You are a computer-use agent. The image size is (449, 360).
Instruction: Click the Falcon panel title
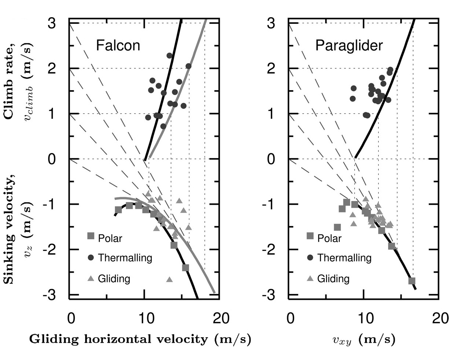point(118,46)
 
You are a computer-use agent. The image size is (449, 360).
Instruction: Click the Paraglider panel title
point(344,46)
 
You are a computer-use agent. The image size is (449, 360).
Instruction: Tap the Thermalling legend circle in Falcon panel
point(91,258)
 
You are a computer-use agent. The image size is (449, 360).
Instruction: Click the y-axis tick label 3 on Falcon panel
point(57,23)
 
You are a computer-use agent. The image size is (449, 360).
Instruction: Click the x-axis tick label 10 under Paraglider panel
point(364,318)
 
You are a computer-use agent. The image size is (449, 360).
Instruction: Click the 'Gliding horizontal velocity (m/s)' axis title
point(140,339)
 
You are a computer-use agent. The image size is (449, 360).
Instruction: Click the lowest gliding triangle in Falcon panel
point(169,279)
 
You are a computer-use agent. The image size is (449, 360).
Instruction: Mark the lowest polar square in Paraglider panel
point(412,281)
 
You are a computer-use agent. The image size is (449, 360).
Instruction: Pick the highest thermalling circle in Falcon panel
point(169,55)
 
